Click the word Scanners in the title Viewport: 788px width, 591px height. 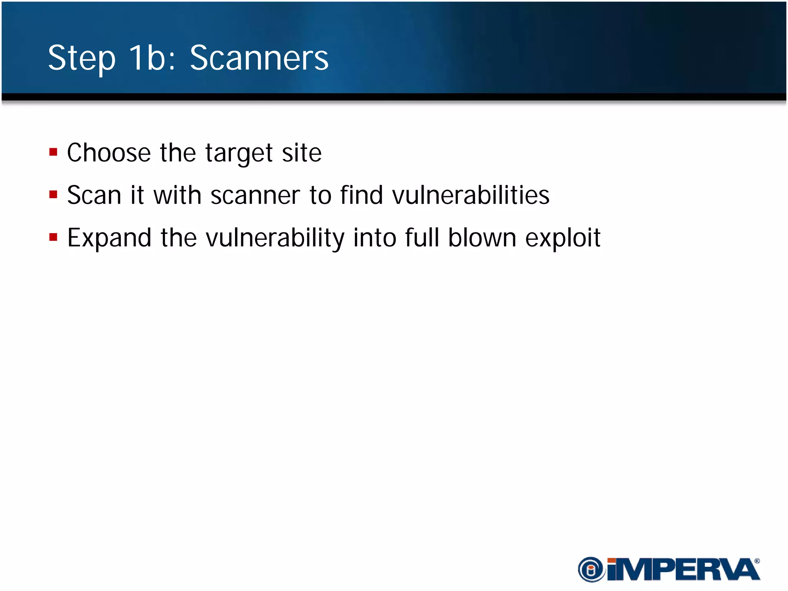259,58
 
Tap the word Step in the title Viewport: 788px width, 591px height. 82,59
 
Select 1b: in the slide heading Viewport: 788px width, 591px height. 152,58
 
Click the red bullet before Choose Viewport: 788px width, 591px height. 53,152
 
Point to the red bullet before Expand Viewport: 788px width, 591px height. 53,237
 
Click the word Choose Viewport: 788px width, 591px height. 109,153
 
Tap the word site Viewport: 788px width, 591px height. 302,153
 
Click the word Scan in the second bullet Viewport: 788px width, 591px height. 94,195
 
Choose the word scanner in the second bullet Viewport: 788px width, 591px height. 255,195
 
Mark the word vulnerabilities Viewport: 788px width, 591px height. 471,195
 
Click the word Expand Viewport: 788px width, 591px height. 109,238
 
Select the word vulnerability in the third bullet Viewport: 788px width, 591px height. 275,238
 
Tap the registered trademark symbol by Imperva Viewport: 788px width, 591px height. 757,561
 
